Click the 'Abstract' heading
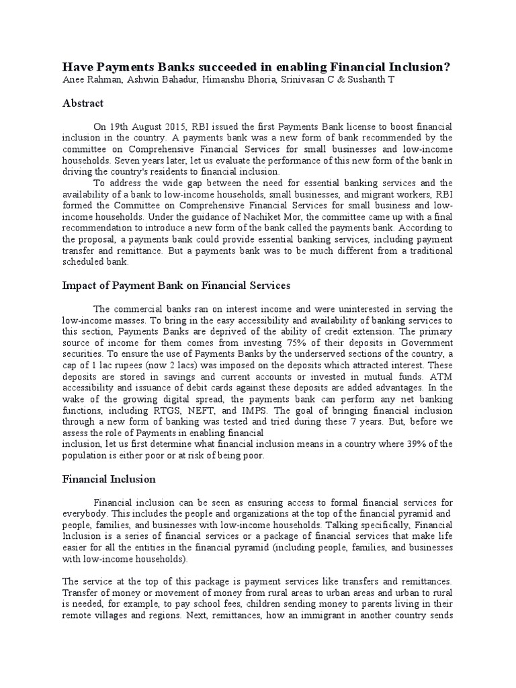click(x=83, y=103)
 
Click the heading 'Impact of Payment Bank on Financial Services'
click(x=176, y=286)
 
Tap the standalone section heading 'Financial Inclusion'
click(x=109, y=479)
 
